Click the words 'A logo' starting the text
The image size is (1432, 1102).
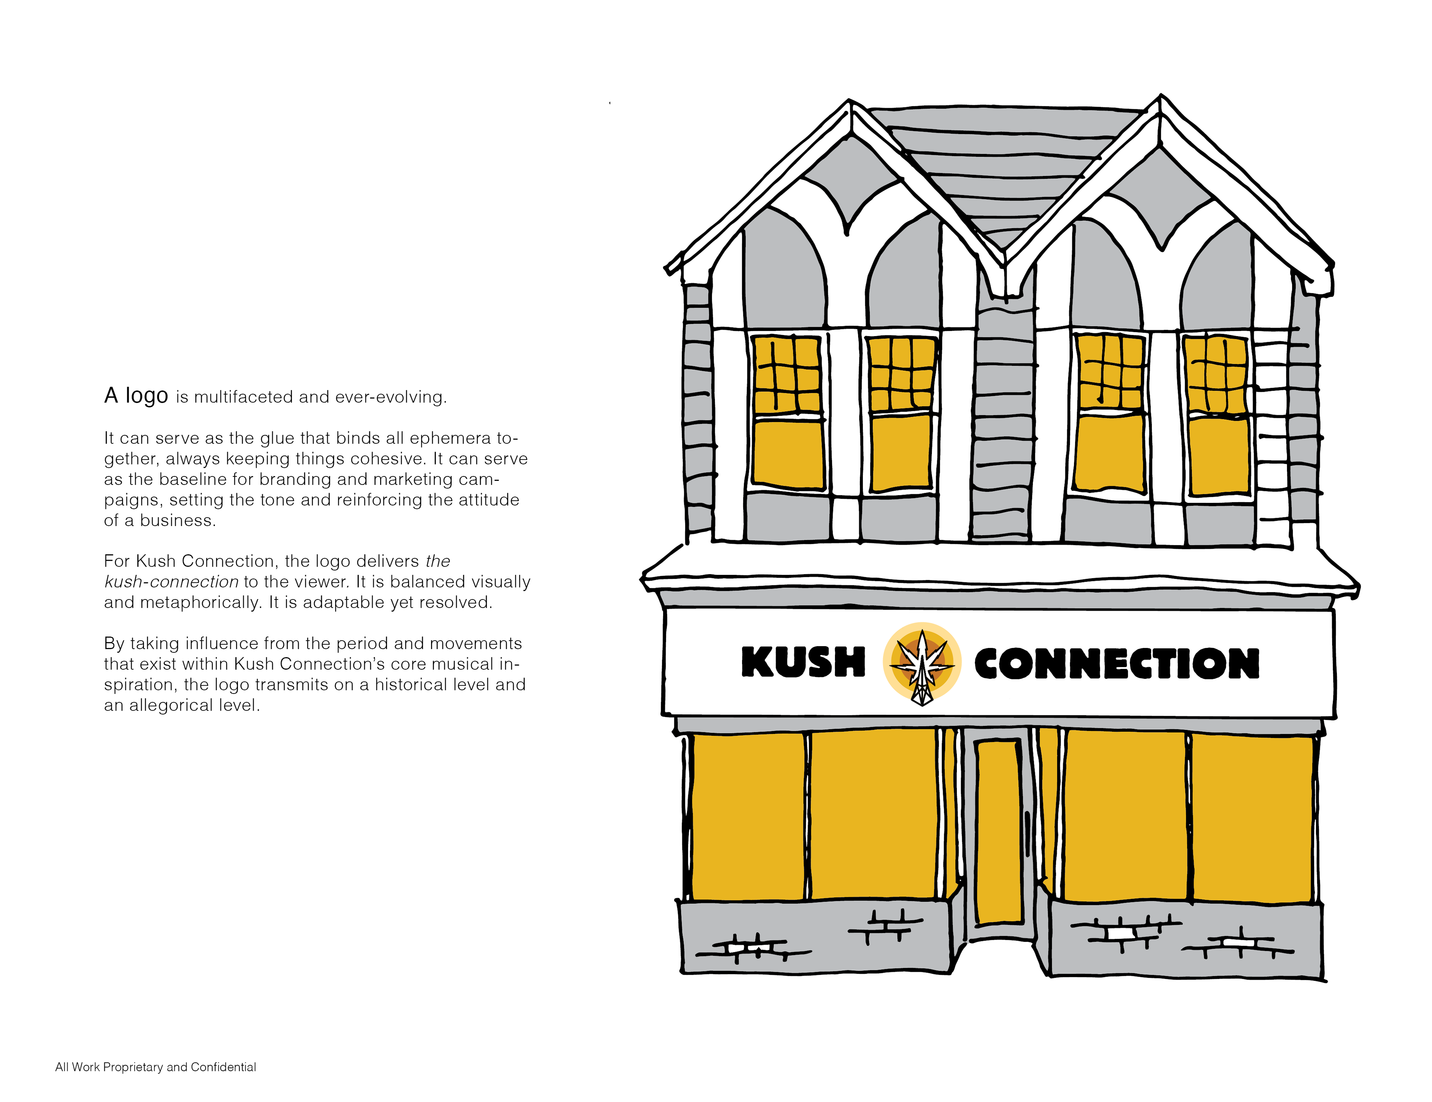coord(136,395)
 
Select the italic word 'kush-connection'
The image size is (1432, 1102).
coord(171,582)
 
